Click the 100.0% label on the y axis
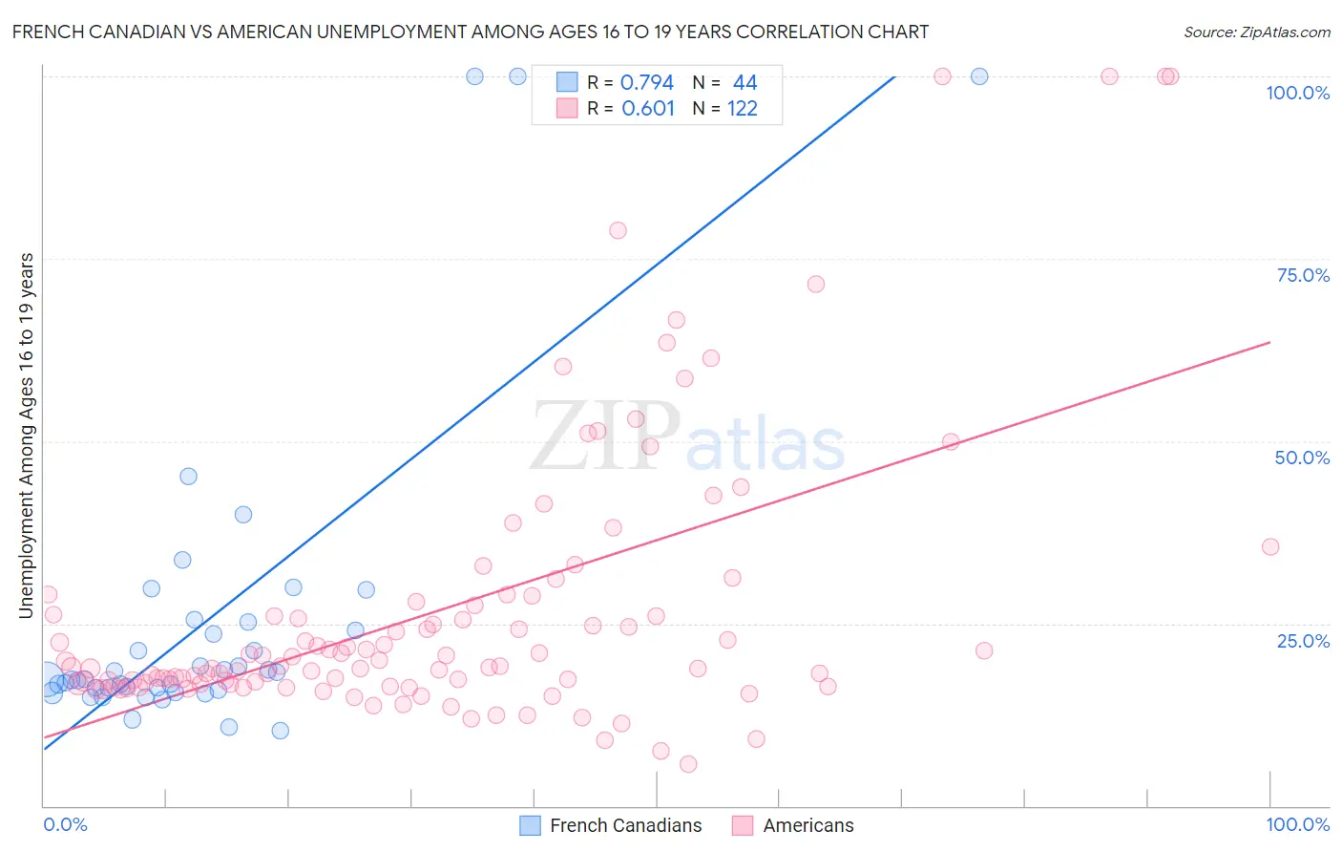(1297, 93)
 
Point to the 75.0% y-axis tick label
(1303, 275)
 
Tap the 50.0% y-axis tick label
(1302, 458)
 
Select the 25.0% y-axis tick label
(1303, 640)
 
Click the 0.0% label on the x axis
(65, 824)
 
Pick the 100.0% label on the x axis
(1297, 824)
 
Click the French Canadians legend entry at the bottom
(625, 825)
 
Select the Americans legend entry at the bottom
(807, 825)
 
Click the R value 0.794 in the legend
(647, 82)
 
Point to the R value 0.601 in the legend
(648, 108)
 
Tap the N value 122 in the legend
(743, 108)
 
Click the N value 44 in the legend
(744, 82)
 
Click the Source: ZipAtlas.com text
(1256, 32)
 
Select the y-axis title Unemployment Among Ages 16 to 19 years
(27, 436)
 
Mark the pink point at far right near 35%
(1269, 546)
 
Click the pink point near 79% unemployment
(618, 230)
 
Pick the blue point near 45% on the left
(188, 476)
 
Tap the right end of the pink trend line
(1269, 342)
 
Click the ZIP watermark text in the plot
(605, 437)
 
